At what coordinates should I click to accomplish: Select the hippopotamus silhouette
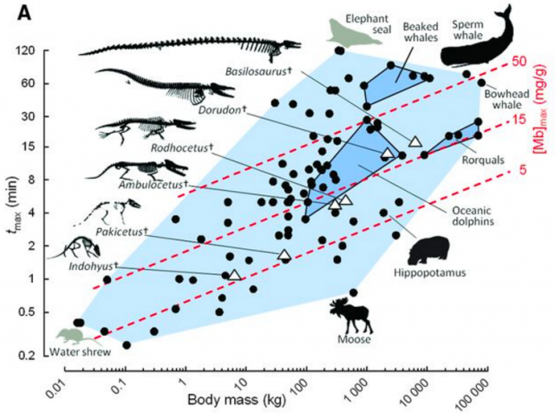click(x=427, y=251)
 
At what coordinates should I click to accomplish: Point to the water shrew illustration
click(x=69, y=334)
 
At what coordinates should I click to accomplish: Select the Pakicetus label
click(x=122, y=232)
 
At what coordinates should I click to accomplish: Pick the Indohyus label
click(x=91, y=266)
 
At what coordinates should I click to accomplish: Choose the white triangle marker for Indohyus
click(x=234, y=274)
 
